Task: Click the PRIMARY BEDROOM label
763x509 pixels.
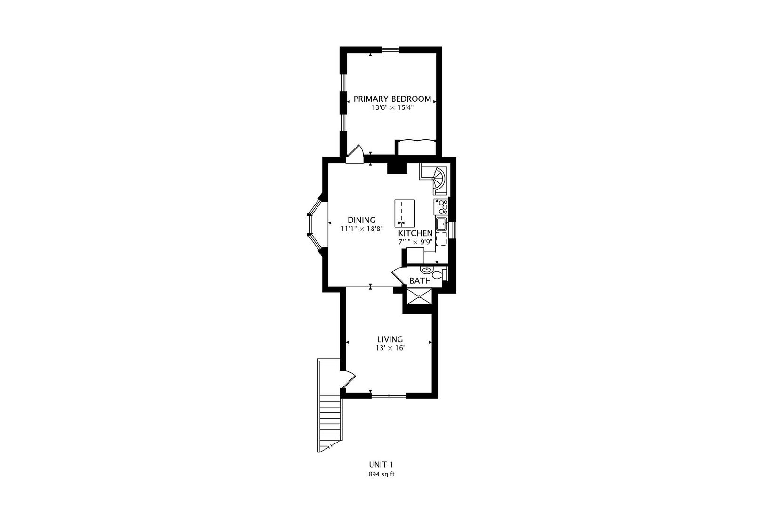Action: click(x=392, y=99)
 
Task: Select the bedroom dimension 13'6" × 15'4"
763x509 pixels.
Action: click(x=392, y=108)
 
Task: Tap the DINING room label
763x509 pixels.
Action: click(x=362, y=220)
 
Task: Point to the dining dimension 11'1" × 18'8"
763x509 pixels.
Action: click(x=362, y=229)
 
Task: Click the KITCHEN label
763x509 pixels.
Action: click(x=415, y=233)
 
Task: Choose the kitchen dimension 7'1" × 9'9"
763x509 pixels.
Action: click(x=415, y=242)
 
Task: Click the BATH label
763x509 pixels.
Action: click(x=420, y=281)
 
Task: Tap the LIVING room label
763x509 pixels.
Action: click(x=390, y=339)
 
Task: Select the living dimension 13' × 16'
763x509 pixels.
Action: click(x=390, y=348)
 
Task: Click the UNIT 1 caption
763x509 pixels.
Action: click(x=381, y=465)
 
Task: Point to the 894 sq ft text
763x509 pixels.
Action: click(x=381, y=474)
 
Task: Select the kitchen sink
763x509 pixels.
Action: click(x=442, y=223)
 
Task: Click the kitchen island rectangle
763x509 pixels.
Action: click(x=405, y=213)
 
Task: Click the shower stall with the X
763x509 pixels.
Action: click(x=419, y=297)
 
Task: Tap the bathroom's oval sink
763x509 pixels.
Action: click(x=426, y=270)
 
